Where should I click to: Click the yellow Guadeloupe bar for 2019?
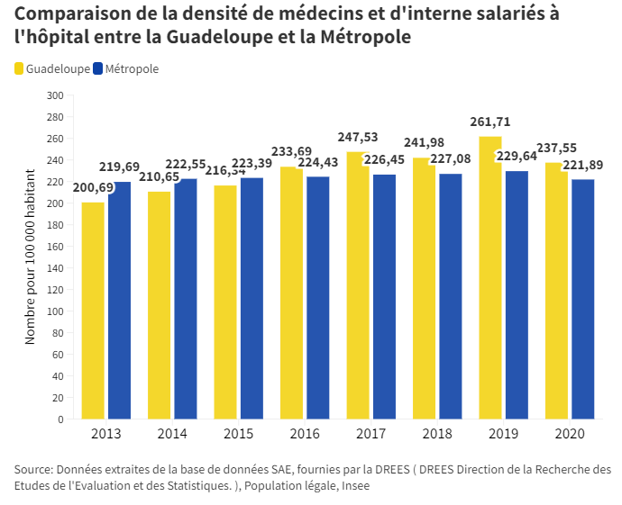tap(490, 279)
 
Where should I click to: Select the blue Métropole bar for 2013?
tap(119, 301)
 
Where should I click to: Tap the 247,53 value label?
tap(358, 137)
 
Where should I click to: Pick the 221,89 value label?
tap(583, 165)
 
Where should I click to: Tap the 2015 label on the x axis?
tap(238, 434)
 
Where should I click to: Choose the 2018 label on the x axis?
tap(437, 434)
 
